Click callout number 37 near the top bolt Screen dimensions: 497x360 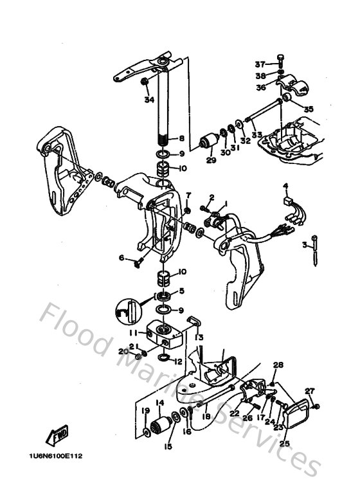[x=260, y=64]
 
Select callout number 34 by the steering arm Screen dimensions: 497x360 [x=149, y=100]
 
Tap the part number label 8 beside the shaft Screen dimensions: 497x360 [x=182, y=138]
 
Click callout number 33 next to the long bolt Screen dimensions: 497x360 [x=257, y=135]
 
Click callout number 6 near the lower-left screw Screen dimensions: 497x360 [x=121, y=258]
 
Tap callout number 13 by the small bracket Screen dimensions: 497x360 [x=199, y=338]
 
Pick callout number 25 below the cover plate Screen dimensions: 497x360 [x=285, y=443]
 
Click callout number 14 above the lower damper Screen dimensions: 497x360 [x=159, y=403]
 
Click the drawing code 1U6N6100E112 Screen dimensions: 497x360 [x=56, y=457]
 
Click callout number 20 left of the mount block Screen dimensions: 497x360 [x=122, y=351]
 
